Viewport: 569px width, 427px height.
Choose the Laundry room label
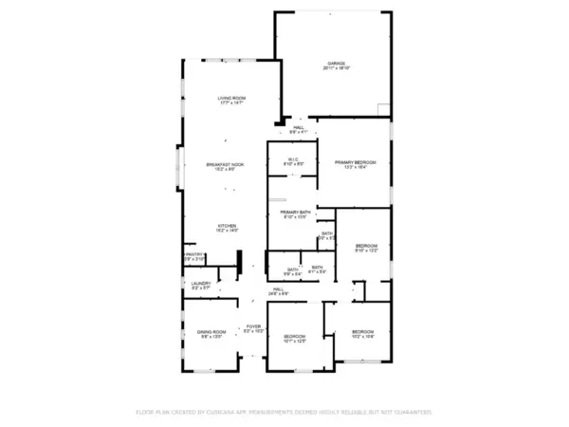[200, 283]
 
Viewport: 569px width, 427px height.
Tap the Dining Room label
[210, 331]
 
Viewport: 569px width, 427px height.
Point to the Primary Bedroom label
[356, 162]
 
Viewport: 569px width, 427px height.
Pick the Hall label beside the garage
[298, 127]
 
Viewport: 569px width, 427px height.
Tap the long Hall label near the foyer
[279, 288]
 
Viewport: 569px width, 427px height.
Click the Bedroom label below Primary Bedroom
[366, 246]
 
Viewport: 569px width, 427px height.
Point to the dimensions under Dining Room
[210, 337]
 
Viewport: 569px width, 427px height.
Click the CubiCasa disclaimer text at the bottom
[284, 413]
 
